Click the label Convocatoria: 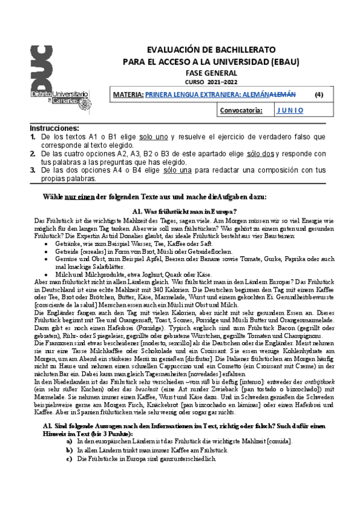coord(241,111)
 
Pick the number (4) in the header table coord(319,94)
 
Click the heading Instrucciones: coord(55,129)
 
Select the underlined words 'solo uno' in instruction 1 coord(153,137)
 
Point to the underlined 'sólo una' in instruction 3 coord(177,171)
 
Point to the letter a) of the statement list coord(70,441)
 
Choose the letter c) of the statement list coord(70,459)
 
